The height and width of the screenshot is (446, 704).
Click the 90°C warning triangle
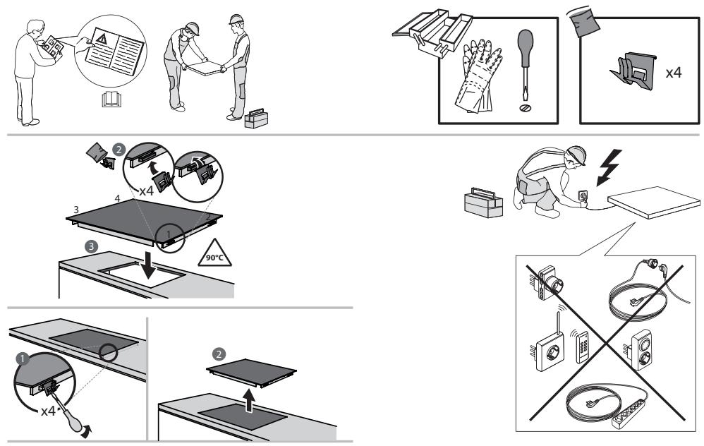tap(214, 253)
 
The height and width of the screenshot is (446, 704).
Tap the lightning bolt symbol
tap(609, 167)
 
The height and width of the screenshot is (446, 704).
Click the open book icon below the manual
tap(111, 99)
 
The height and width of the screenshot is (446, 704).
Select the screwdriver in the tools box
tap(525, 66)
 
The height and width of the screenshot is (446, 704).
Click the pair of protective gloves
tap(478, 75)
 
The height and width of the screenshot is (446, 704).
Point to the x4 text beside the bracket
tap(673, 72)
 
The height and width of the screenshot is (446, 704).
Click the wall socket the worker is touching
tap(583, 195)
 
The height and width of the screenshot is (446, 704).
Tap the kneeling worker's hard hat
tap(576, 153)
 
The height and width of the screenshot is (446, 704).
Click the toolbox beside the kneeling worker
tap(483, 203)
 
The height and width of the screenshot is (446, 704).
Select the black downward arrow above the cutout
tap(147, 265)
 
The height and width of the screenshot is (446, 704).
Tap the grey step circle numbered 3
tap(91, 246)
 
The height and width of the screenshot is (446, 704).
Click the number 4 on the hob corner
tap(117, 198)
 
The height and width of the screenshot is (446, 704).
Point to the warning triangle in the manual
tap(102, 39)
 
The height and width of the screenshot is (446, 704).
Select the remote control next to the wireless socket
tap(582, 347)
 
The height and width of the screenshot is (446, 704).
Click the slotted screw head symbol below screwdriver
tap(525, 108)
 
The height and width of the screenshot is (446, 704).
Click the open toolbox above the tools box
tap(432, 32)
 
